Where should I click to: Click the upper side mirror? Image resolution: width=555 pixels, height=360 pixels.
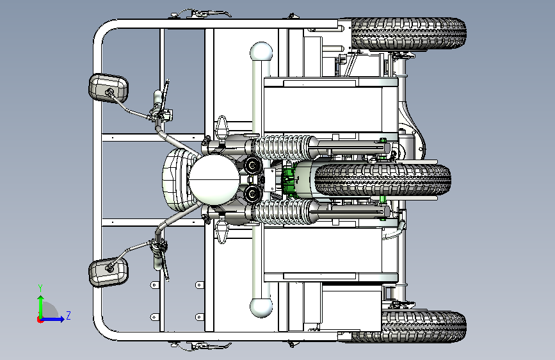point(108,88)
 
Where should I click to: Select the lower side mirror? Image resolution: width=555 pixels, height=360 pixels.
point(108,272)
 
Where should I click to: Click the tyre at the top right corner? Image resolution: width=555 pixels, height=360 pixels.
point(408,33)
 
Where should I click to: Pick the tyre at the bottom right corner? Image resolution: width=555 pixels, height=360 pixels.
point(408,327)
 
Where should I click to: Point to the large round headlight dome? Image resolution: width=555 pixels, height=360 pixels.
point(214,180)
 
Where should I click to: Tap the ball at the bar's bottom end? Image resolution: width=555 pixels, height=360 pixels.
point(261,307)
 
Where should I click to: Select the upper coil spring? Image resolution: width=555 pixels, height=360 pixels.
point(282,147)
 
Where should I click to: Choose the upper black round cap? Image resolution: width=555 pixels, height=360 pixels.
point(253,165)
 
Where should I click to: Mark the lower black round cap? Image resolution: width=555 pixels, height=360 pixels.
point(253,193)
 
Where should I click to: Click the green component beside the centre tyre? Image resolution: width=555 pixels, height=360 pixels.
point(289,180)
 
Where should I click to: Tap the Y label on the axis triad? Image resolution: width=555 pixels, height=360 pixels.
point(40,288)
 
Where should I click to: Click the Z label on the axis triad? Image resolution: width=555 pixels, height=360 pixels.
point(68,315)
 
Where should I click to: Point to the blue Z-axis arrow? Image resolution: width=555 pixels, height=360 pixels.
point(52,319)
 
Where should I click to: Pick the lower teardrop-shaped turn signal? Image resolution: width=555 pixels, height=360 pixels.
point(222,231)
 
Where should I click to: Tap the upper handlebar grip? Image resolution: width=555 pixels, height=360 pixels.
point(158,99)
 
